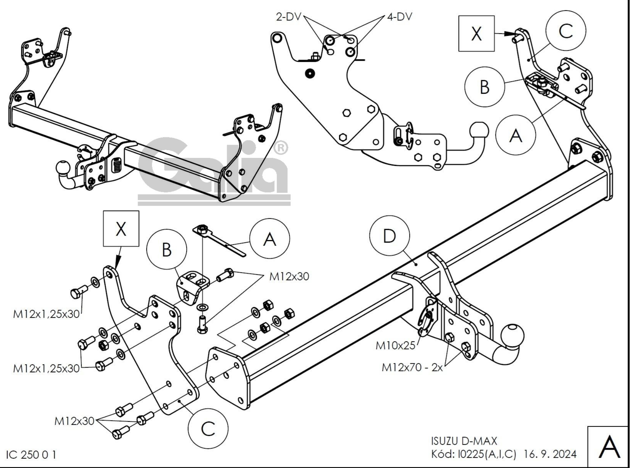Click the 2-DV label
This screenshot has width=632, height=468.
click(x=288, y=17)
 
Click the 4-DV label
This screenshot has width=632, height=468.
click(x=400, y=17)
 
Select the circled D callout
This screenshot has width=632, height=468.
click(x=390, y=236)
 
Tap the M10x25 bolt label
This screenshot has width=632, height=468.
click(x=395, y=346)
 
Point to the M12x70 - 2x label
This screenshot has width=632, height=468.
click(x=412, y=368)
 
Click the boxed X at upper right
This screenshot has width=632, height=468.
click(x=476, y=34)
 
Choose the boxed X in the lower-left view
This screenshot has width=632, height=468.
click(x=121, y=229)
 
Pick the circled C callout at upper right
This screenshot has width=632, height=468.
click(x=566, y=31)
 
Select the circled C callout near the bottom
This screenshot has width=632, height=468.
click(x=208, y=428)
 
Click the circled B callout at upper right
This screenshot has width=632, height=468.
click(x=485, y=87)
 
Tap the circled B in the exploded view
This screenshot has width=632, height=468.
click(x=167, y=249)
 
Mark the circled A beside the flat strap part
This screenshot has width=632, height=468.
click(x=270, y=239)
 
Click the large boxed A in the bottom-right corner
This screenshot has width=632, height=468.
click(x=609, y=447)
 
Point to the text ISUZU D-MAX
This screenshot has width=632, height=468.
click(x=464, y=441)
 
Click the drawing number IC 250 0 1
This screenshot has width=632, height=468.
click(x=31, y=455)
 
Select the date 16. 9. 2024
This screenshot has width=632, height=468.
click(x=550, y=454)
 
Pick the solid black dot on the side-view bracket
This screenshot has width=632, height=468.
click(x=310, y=73)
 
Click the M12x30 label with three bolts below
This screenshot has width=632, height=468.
click(x=74, y=421)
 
